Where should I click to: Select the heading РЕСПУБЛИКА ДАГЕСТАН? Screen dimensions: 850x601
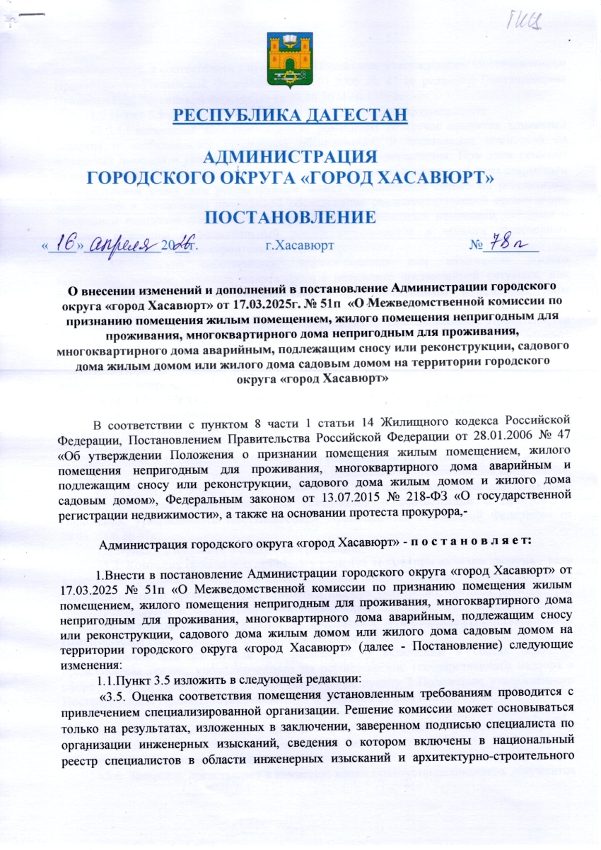coord(300,115)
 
